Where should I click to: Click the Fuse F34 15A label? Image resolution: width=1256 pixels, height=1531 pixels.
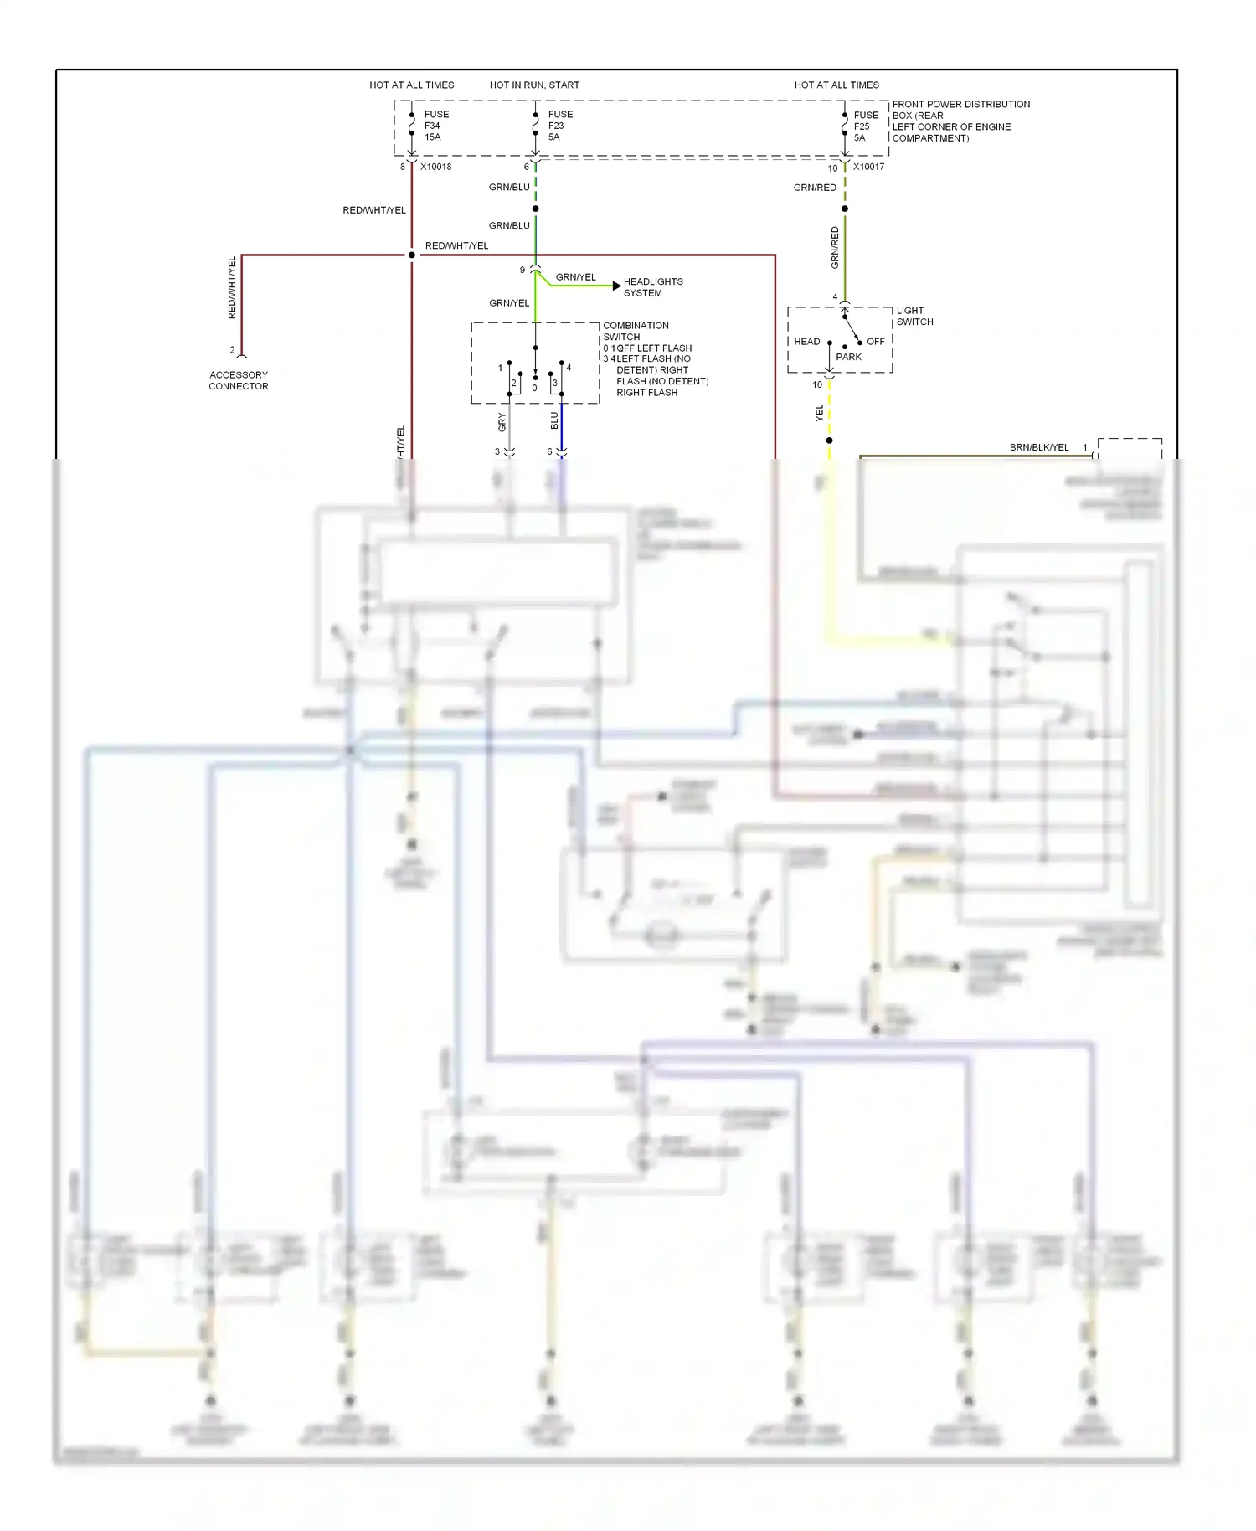(x=436, y=126)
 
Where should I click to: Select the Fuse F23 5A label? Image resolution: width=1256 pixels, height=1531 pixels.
(x=560, y=126)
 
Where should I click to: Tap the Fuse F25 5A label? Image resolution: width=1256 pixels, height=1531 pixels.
(x=866, y=126)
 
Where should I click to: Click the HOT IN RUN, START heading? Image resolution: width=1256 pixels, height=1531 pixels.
(x=534, y=85)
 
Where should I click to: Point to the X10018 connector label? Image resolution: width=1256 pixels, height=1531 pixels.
(x=435, y=167)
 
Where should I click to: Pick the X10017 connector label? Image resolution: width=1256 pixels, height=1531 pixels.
(x=868, y=167)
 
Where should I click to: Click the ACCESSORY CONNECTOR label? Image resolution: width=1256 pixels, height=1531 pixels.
(x=239, y=380)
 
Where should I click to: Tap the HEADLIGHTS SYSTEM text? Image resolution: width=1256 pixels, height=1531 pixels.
(x=653, y=287)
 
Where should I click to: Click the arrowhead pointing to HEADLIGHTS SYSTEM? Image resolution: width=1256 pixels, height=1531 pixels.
(x=617, y=286)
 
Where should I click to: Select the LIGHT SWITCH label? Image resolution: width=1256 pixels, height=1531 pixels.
(x=914, y=316)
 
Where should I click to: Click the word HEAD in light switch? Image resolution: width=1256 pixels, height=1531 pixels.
(x=807, y=341)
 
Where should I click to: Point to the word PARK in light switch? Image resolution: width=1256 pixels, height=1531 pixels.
(x=848, y=357)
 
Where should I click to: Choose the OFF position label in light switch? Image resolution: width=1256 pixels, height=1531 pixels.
(x=876, y=341)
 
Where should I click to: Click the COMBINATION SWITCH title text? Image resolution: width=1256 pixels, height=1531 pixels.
(x=636, y=331)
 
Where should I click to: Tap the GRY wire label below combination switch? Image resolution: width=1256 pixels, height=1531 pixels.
(x=502, y=422)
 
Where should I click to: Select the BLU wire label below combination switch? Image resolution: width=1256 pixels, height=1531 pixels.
(x=554, y=421)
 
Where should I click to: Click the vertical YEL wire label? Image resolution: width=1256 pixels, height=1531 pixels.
(x=820, y=412)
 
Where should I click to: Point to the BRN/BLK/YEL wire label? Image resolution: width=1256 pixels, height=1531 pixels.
(x=1038, y=447)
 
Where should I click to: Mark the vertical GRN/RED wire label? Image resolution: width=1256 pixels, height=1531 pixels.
(x=835, y=247)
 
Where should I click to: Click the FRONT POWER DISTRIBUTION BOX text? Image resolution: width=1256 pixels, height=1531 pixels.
(x=960, y=110)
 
